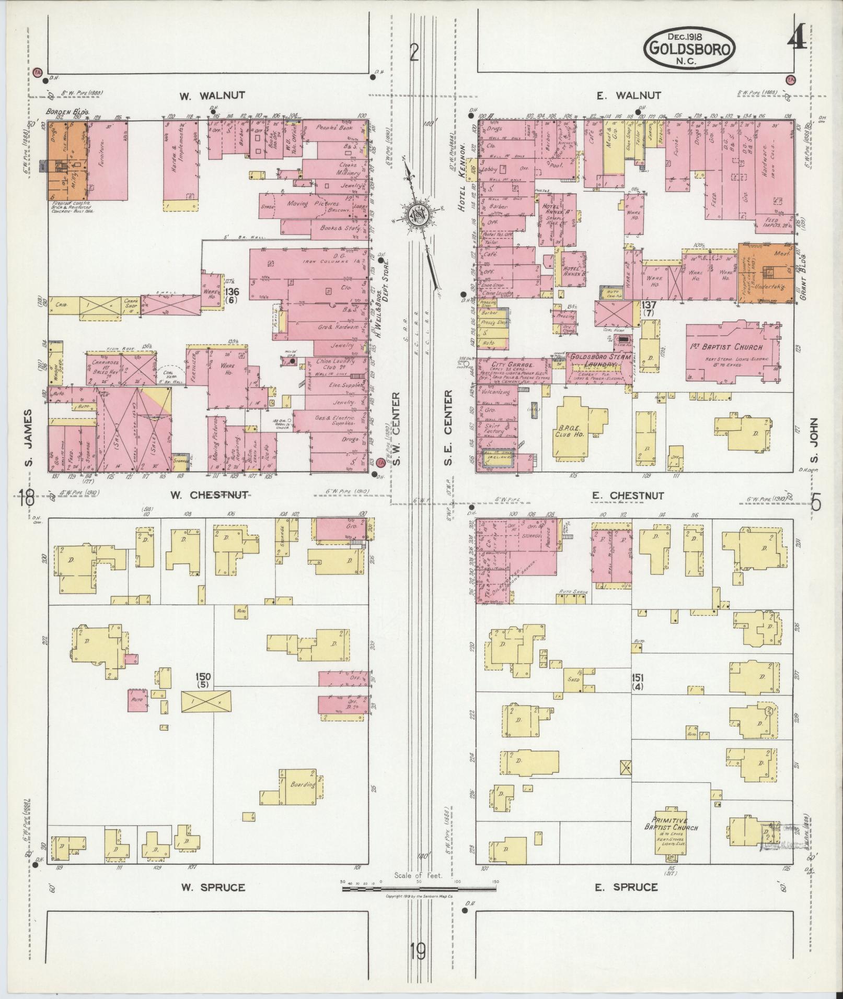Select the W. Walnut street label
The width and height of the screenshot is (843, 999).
tap(212, 96)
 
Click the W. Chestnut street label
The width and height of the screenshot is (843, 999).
tap(211, 495)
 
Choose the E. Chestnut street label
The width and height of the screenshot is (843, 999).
tap(630, 496)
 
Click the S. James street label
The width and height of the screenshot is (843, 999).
tap(29, 438)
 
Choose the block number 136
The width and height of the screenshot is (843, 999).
tap(232, 292)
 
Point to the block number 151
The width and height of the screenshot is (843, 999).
tap(638, 677)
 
